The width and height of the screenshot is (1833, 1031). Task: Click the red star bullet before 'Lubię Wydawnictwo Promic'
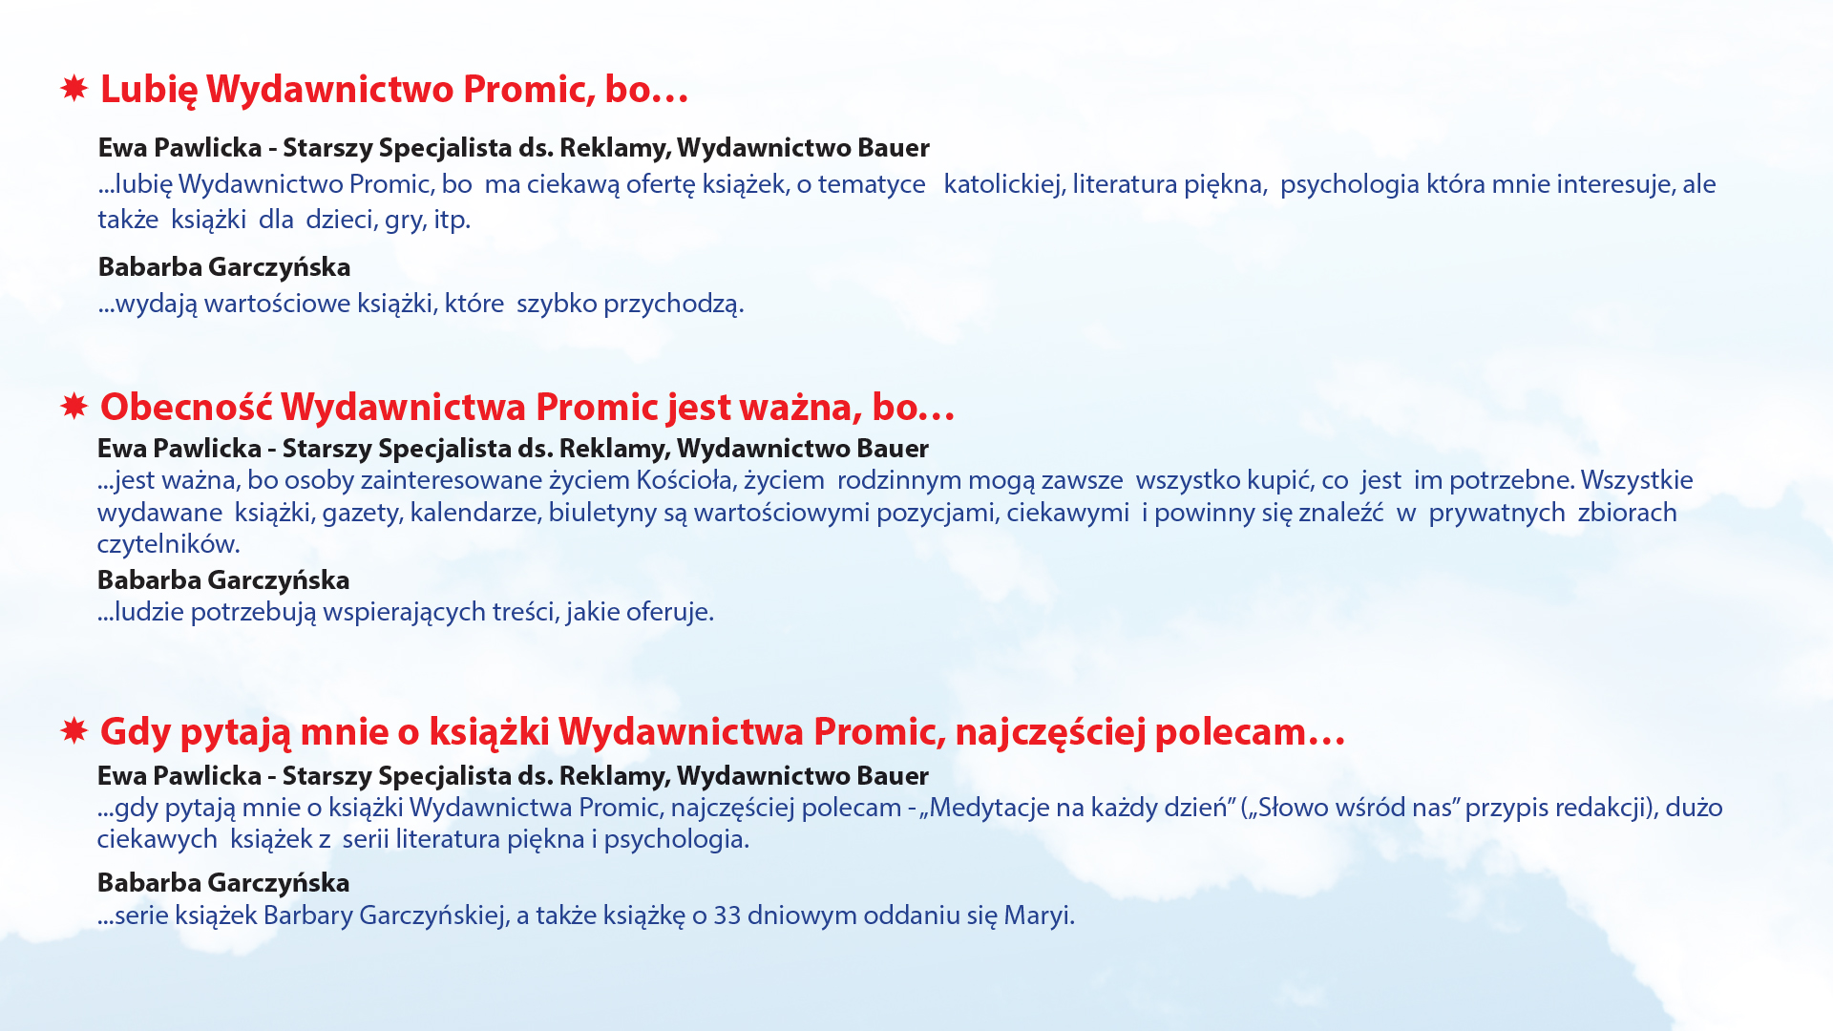tap(74, 89)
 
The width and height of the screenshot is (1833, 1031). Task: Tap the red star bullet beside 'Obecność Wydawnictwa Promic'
tap(74, 407)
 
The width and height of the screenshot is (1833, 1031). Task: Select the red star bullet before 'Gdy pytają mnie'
tap(74, 731)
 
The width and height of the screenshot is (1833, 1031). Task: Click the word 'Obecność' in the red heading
tap(186, 407)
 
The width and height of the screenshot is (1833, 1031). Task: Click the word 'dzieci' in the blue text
tap(339, 219)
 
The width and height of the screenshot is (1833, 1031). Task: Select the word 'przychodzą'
tap(673, 305)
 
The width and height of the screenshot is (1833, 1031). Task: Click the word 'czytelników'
tap(168, 544)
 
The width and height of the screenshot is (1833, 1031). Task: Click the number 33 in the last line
tap(727, 915)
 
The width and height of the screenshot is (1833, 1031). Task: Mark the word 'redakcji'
tap(1605, 808)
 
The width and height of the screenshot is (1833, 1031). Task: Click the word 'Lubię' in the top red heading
tap(149, 90)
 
